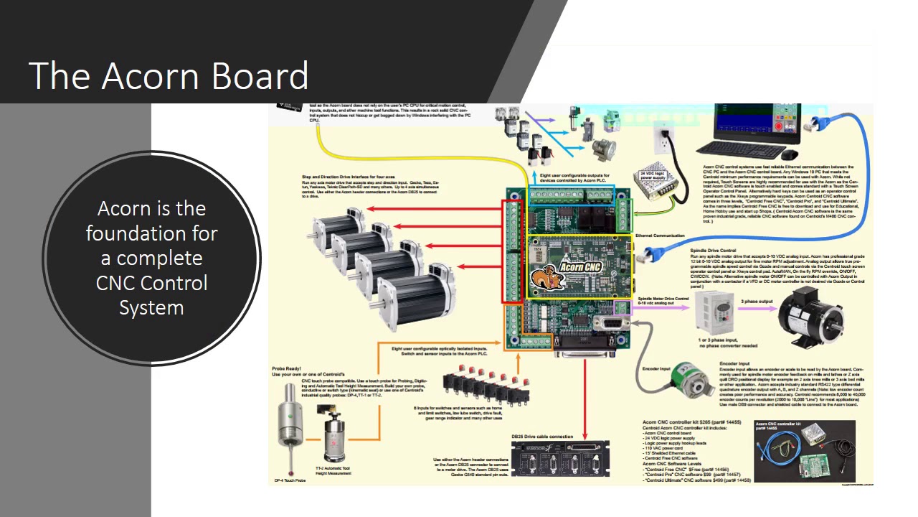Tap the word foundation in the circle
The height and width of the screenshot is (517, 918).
[x=151, y=233]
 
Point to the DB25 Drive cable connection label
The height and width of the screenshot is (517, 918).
[x=541, y=437]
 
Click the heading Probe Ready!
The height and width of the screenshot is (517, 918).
[x=291, y=368]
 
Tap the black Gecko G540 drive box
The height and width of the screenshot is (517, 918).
[x=560, y=458]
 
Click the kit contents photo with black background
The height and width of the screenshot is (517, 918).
[x=805, y=451]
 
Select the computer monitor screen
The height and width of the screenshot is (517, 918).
[x=757, y=124]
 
